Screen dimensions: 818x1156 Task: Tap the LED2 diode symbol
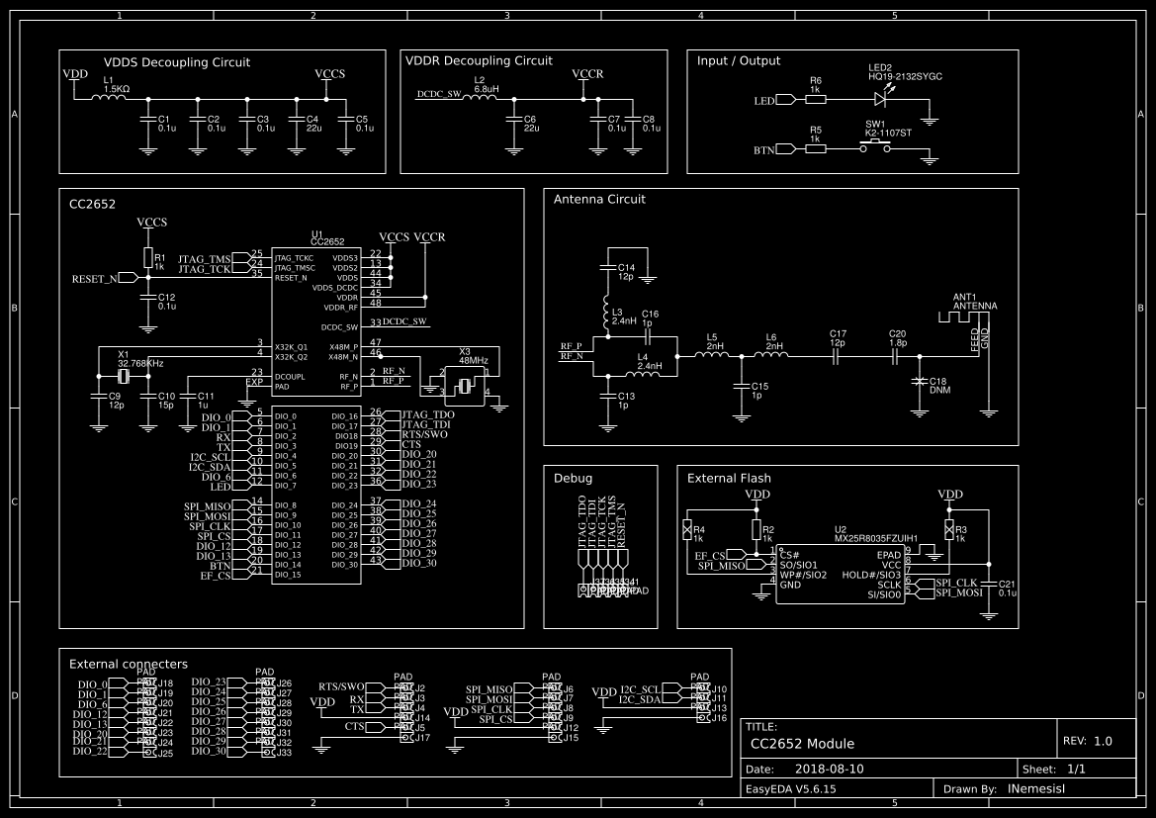point(880,99)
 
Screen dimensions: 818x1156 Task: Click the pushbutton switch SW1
point(874,148)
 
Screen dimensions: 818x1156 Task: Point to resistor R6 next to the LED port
point(815,99)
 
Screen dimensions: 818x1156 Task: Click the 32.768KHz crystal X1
point(124,377)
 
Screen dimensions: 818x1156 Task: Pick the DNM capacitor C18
point(920,381)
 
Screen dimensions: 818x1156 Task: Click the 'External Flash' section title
point(729,478)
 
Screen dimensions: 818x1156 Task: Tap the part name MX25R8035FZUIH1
point(876,539)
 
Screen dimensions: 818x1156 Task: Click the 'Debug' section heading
point(573,478)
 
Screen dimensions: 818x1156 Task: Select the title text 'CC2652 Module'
point(802,744)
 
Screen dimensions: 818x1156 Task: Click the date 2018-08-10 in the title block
point(829,769)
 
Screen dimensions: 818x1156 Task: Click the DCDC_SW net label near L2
point(439,95)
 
